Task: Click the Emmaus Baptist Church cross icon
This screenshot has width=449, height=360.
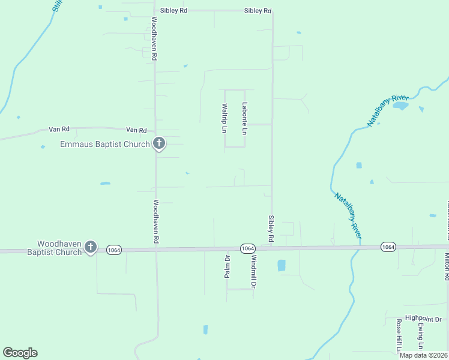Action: click(158, 143)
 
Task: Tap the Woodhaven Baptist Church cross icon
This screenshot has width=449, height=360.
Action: click(90, 247)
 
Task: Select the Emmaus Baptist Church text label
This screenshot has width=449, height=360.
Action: click(105, 144)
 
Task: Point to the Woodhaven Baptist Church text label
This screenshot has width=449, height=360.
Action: click(59, 248)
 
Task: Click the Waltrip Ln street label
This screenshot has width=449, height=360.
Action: click(224, 118)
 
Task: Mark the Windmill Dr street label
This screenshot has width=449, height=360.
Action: click(254, 272)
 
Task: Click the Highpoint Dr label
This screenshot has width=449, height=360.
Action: click(423, 319)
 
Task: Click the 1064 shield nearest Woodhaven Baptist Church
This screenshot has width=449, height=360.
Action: click(115, 249)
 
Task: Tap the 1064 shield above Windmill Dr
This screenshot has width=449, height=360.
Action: click(248, 248)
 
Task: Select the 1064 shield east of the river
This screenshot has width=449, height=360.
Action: click(388, 247)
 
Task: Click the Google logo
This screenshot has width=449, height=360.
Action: click(20, 353)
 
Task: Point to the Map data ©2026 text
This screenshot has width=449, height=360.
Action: click(423, 355)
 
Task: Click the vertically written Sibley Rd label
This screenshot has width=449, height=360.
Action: click(271, 225)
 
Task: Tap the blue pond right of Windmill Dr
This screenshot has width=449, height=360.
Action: click(282, 265)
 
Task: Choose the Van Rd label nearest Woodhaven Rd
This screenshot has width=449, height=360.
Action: click(136, 130)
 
